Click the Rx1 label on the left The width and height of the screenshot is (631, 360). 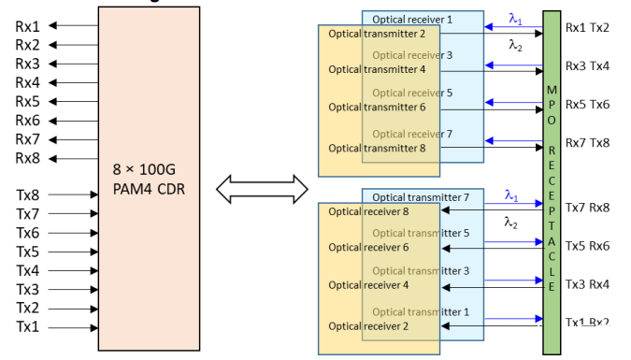(x=28, y=25)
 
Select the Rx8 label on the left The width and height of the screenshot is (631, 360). (x=28, y=158)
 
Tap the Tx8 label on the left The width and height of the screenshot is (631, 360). (x=28, y=195)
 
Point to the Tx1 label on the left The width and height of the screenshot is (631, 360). (x=28, y=327)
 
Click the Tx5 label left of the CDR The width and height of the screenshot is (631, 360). (x=28, y=252)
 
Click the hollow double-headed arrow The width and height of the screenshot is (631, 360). (x=262, y=190)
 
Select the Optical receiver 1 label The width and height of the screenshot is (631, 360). (x=411, y=19)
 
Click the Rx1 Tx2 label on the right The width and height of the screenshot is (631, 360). (x=587, y=27)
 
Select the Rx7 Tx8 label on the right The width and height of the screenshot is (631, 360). (x=587, y=142)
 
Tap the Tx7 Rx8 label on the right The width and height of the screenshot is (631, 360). (x=587, y=208)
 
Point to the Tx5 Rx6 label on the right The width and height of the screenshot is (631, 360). (x=587, y=246)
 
